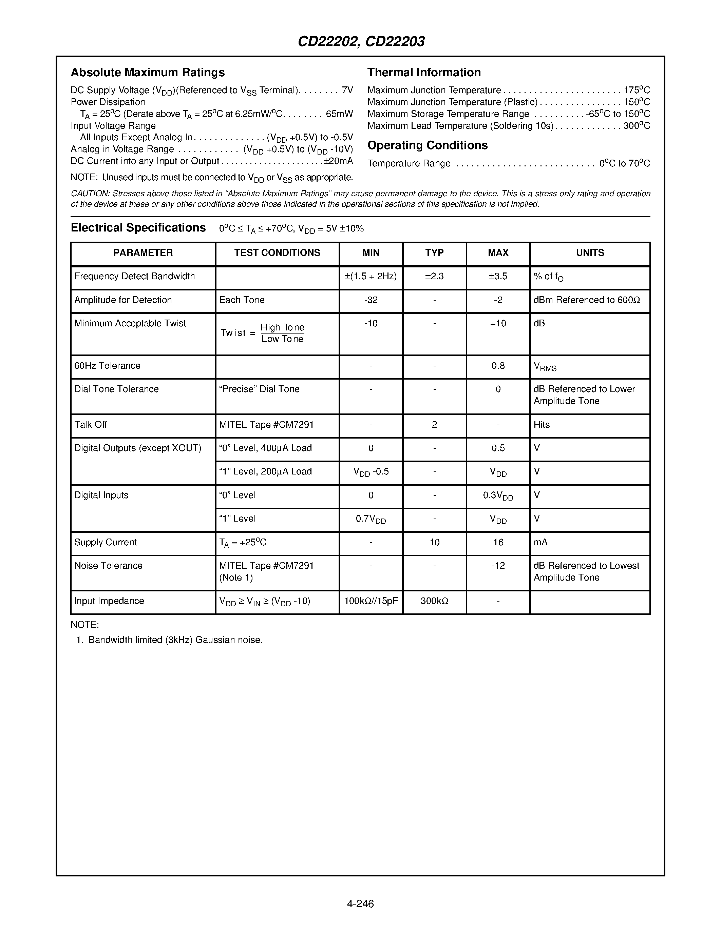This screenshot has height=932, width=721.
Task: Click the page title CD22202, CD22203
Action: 361,41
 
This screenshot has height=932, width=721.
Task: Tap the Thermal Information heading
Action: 424,73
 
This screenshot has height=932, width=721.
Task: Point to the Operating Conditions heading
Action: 427,145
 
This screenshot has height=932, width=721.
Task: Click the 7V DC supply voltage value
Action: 347,90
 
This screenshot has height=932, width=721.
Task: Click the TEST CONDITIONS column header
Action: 277,253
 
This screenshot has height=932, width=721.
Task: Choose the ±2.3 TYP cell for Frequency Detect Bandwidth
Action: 434,277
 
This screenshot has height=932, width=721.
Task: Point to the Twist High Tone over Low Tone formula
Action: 263,333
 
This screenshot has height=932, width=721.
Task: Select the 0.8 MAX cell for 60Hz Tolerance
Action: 498,366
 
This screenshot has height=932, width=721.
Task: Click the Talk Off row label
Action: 91,425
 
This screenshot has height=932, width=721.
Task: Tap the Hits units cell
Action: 541,425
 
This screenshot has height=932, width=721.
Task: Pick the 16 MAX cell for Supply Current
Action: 498,542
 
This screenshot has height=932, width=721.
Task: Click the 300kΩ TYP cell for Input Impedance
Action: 434,601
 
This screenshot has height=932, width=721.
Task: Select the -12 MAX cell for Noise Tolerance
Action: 498,566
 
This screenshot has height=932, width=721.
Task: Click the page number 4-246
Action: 360,904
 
